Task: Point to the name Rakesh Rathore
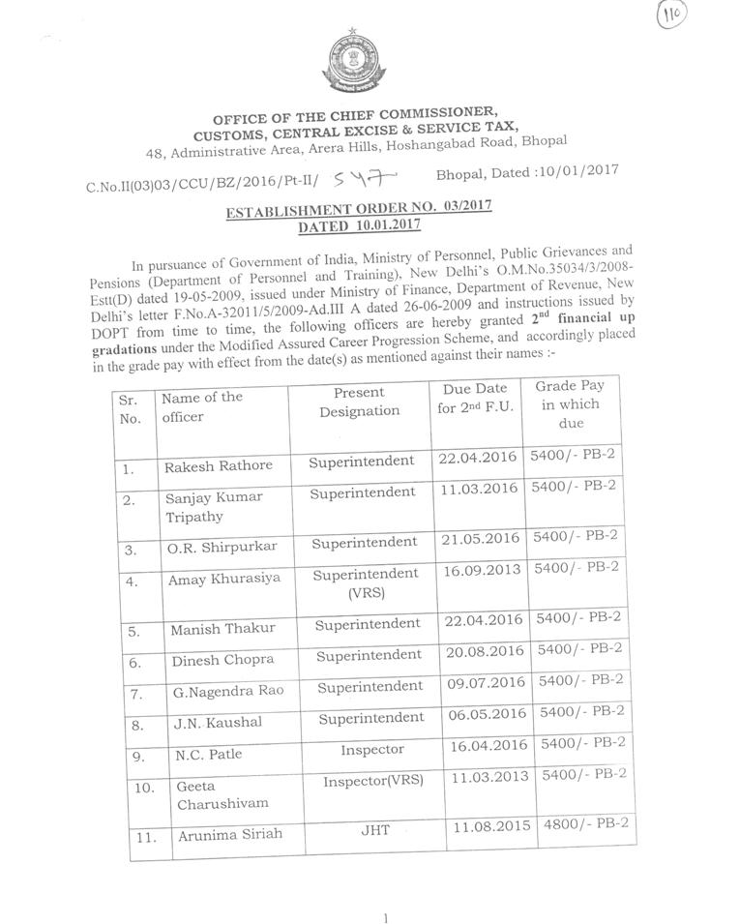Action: click(219, 465)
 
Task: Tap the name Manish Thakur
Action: click(223, 628)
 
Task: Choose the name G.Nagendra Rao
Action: click(227, 694)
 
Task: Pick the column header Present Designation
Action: click(359, 402)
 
